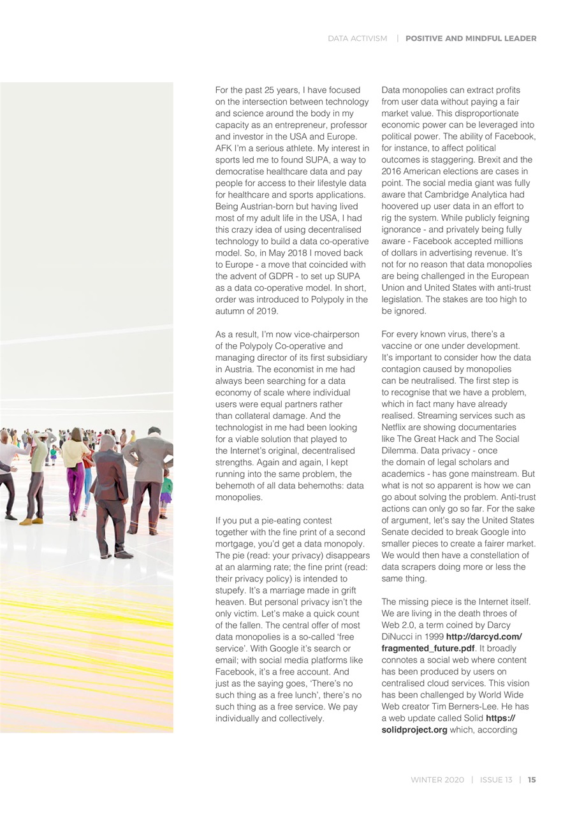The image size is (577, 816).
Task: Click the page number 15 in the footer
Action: pyautogui.click(x=532, y=780)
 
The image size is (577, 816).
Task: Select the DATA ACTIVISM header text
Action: pyautogui.click(x=357, y=38)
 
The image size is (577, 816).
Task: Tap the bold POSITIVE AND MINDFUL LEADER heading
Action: pyautogui.click(x=471, y=38)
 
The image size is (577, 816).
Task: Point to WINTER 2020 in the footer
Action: pyautogui.click(x=437, y=780)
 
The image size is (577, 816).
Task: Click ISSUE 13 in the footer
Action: pyautogui.click(x=495, y=780)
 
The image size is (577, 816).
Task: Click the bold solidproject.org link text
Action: pyautogui.click(x=414, y=730)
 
